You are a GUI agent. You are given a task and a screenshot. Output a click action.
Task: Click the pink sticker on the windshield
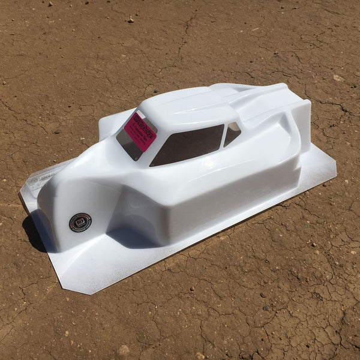[x=140, y=131]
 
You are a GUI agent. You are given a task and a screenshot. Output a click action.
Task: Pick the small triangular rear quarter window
[x=232, y=133]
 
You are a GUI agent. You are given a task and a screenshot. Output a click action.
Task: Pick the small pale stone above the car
[x=130, y=20]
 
